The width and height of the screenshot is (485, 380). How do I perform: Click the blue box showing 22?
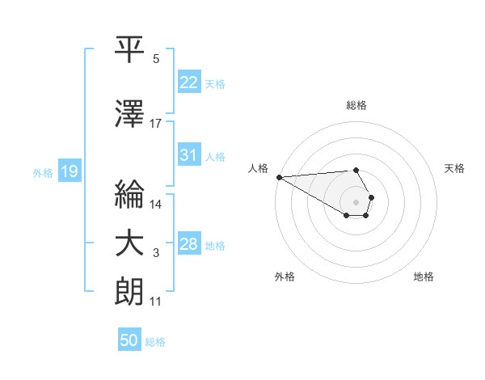[x=189, y=82]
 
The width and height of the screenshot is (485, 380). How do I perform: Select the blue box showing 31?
[x=189, y=155]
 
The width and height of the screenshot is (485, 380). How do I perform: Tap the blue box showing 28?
[x=189, y=244]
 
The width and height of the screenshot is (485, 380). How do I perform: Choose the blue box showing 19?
[x=69, y=171]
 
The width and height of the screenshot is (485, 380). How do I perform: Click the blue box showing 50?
[x=129, y=340]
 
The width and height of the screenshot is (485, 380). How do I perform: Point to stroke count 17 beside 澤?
[x=156, y=124]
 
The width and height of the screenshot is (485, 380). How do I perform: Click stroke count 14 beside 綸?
[x=156, y=205]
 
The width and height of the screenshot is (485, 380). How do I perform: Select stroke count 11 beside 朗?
[x=156, y=302]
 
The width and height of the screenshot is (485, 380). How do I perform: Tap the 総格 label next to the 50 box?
[x=155, y=342]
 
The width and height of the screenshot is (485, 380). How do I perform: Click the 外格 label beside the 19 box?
[x=42, y=172]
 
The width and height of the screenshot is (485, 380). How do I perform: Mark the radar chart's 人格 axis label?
[x=259, y=168]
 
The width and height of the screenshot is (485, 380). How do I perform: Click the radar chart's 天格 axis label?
[x=454, y=168]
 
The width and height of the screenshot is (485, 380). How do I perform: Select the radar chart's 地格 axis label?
[x=424, y=277]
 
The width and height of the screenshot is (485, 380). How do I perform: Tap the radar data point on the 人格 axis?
[x=278, y=177]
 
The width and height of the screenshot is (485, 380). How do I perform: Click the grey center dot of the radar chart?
[x=356, y=202]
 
